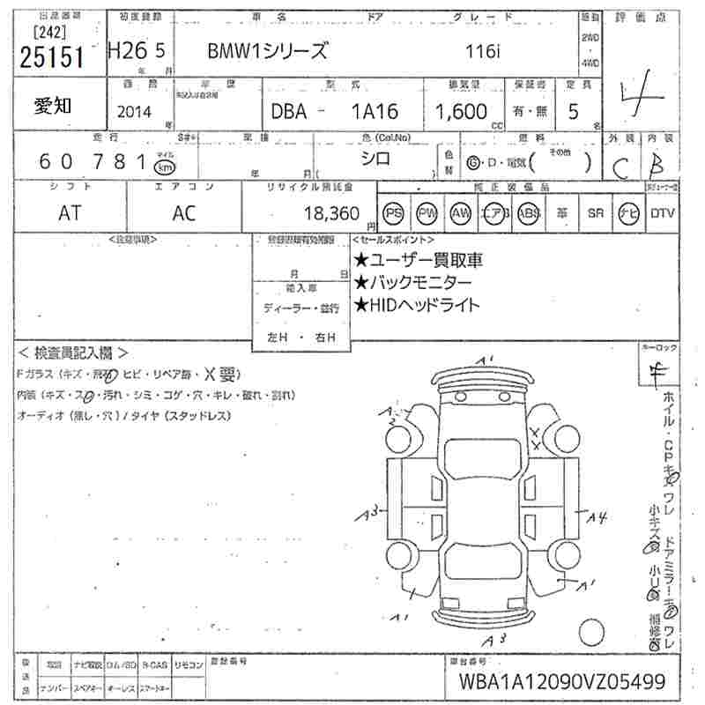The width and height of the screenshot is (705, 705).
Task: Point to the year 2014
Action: tap(133, 112)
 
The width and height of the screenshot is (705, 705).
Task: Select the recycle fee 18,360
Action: tap(330, 213)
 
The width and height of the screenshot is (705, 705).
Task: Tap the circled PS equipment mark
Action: tap(393, 213)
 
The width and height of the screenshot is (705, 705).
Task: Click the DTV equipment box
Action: tap(662, 213)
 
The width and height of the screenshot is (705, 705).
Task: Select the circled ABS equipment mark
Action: tap(529, 213)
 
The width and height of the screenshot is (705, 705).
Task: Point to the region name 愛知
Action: tap(54, 106)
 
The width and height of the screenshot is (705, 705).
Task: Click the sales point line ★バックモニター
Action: tap(412, 282)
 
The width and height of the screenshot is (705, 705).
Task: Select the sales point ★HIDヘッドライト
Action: tap(417, 305)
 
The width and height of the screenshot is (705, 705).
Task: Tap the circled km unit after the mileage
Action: tap(163, 166)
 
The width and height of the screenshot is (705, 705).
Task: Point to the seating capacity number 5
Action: tap(574, 112)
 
